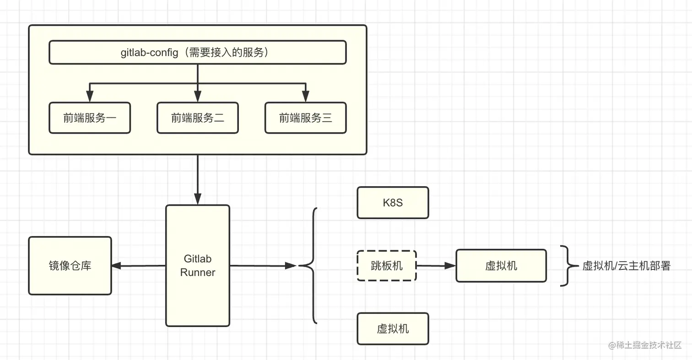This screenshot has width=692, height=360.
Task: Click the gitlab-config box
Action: [x=197, y=53]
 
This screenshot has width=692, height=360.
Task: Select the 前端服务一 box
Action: [x=90, y=118]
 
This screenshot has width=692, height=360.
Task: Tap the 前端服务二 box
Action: [x=197, y=118]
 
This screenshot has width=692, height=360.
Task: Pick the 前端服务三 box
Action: [x=305, y=118]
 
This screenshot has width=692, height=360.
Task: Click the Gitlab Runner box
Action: [x=197, y=293]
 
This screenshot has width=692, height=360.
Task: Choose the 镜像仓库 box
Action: [x=70, y=266]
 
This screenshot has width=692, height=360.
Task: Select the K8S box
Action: [x=393, y=203]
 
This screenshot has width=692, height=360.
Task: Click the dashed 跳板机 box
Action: [x=386, y=265]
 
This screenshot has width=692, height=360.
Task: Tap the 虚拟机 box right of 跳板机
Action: [x=501, y=265]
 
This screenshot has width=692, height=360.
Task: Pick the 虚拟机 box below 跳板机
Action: [x=393, y=328]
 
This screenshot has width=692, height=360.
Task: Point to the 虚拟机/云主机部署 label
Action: [x=626, y=266]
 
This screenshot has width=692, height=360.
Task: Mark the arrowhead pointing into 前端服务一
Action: [x=90, y=97]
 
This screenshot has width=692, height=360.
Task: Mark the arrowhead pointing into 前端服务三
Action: [x=305, y=97]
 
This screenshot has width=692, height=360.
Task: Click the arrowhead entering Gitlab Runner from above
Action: [x=198, y=199]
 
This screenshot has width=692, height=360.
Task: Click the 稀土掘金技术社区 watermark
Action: [x=645, y=345]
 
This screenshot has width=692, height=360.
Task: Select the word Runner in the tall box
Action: [x=198, y=273]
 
